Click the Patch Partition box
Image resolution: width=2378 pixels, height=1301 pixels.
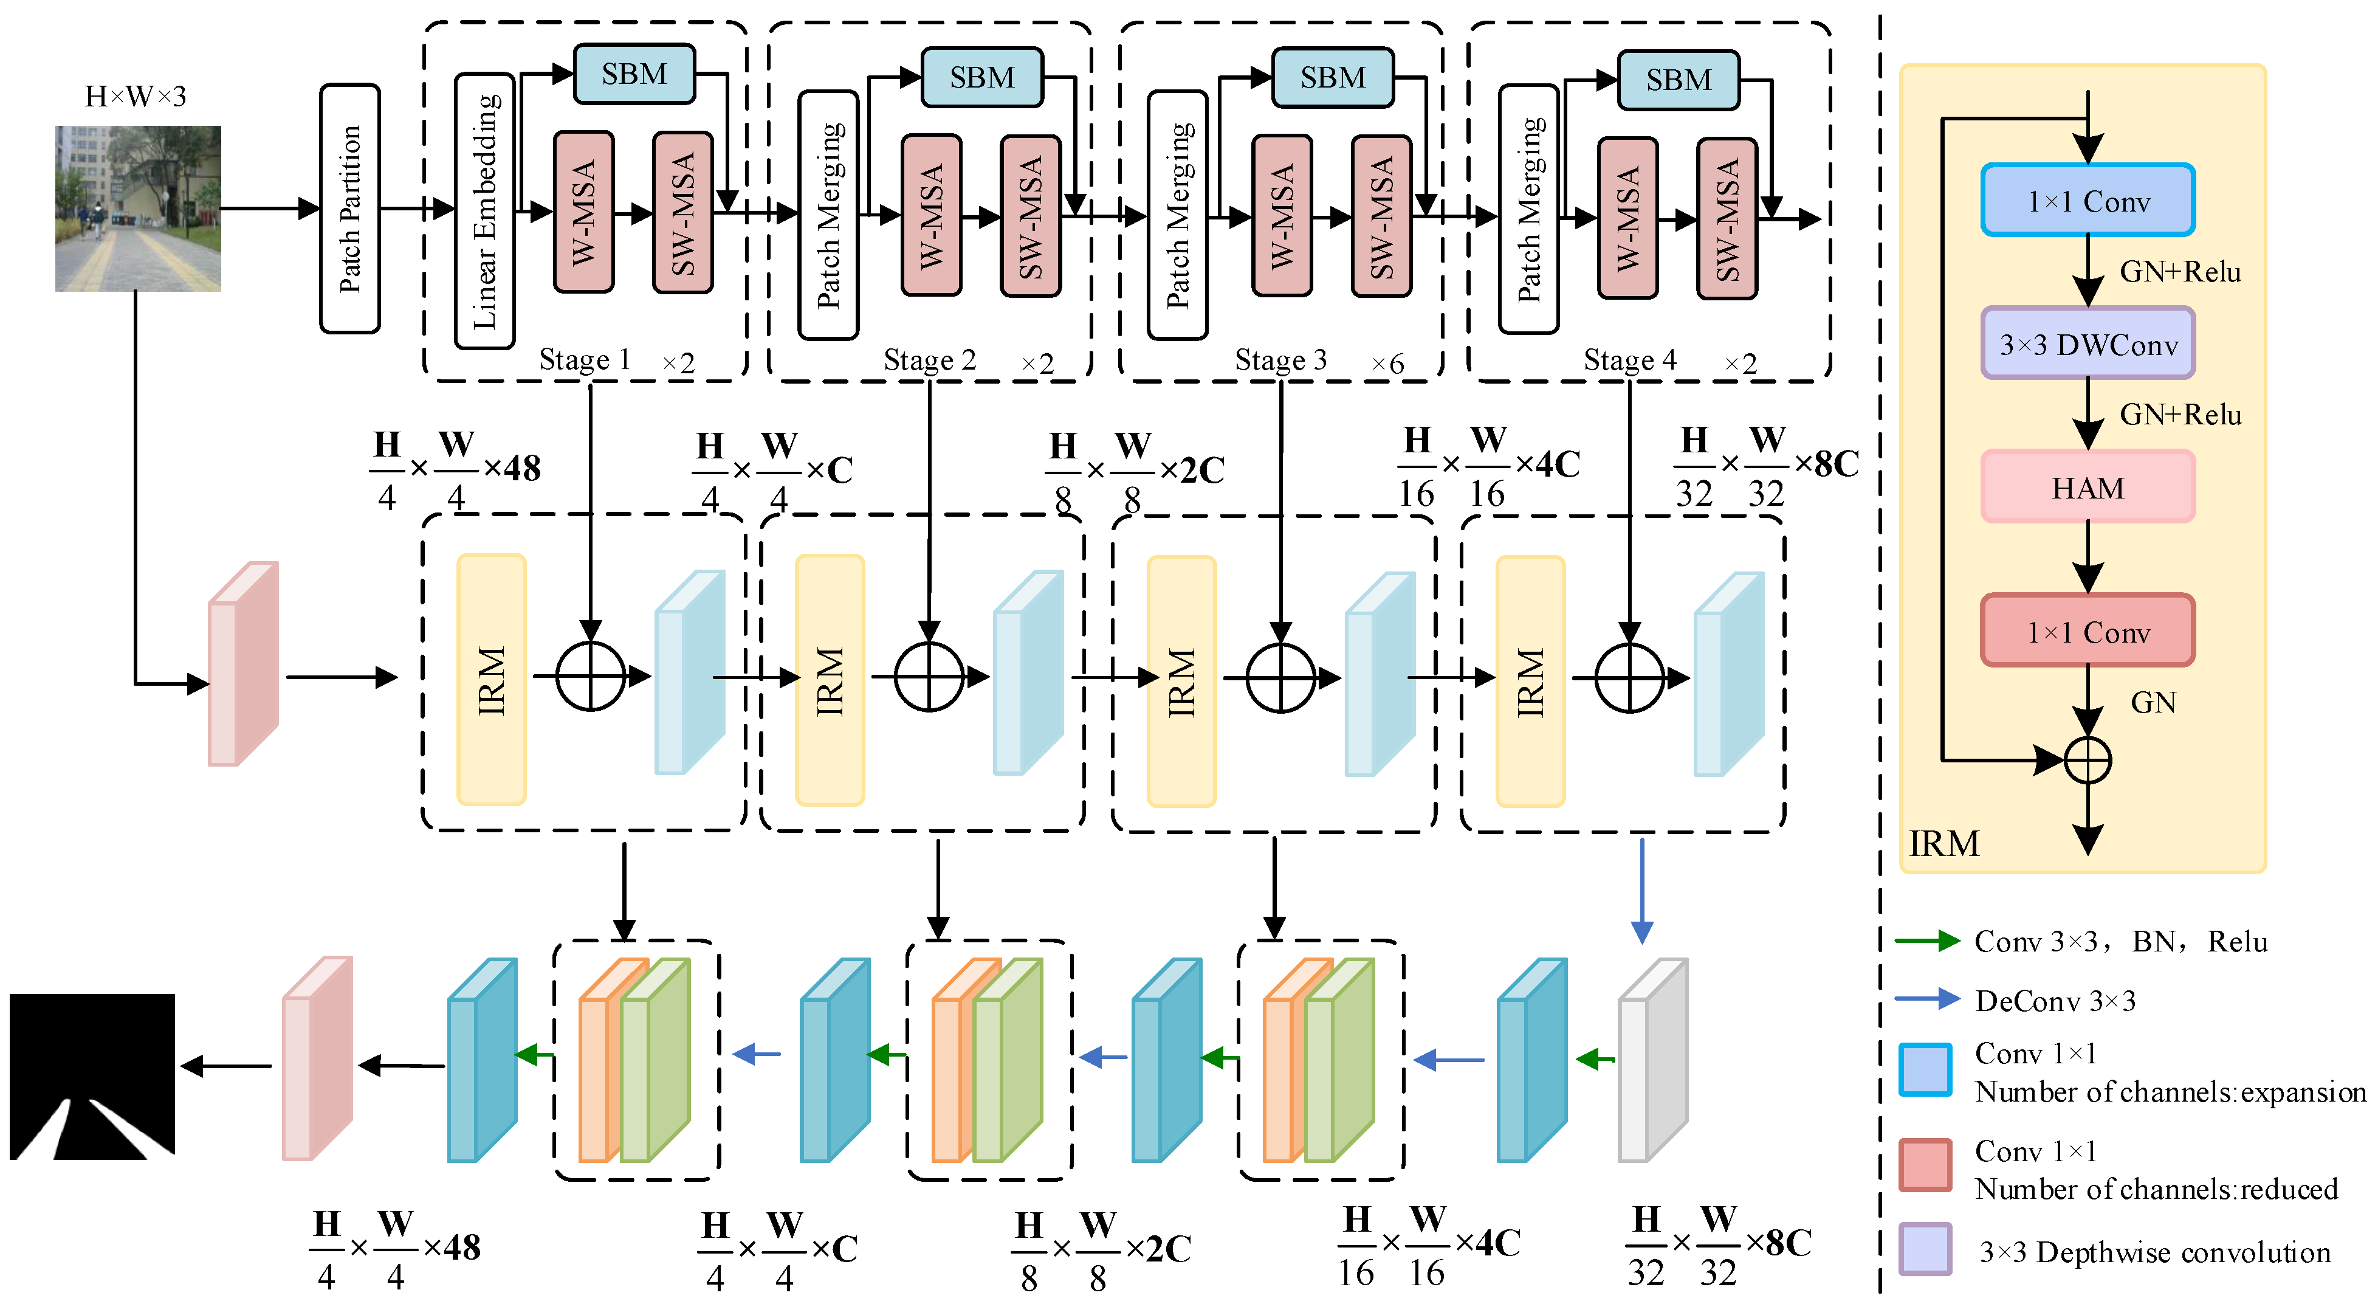click(x=350, y=209)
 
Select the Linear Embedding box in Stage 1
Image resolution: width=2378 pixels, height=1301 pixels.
click(x=484, y=210)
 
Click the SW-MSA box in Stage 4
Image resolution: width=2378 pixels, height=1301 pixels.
click(x=1727, y=219)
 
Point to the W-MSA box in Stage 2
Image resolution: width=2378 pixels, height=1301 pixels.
click(x=932, y=215)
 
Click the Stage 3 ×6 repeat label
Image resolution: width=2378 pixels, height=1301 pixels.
click(x=1387, y=363)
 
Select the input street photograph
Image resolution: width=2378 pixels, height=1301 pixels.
click(x=139, y=209)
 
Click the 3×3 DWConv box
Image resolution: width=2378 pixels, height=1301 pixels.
click(x=2088, y=345)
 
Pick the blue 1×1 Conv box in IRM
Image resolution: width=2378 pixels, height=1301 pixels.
click(x=2088, y=201)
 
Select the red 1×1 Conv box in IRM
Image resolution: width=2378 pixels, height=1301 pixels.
click(x=2088, y=632)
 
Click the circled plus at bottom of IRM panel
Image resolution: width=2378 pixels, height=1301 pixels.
click(x=2088, y=760)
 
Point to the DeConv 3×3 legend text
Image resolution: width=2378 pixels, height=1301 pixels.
click(x=2055, y=1001)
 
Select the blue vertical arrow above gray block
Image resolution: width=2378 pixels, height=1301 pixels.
click(x=1641, y=891)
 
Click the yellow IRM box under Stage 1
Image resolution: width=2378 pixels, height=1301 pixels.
click(x=491, y=680)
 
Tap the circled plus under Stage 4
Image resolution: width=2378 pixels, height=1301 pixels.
click(x=1629, y=678)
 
